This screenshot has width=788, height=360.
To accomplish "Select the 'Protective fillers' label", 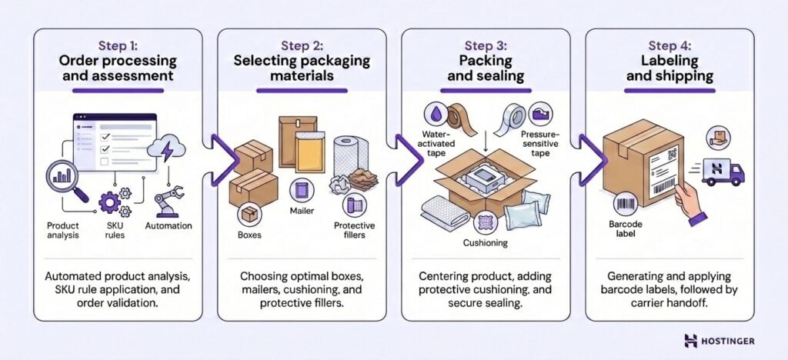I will click(x=354, y=230).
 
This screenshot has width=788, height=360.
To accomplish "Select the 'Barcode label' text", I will click(x=627, y=230).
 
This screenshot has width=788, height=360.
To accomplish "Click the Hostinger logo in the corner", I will click(x=719, y=340).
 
